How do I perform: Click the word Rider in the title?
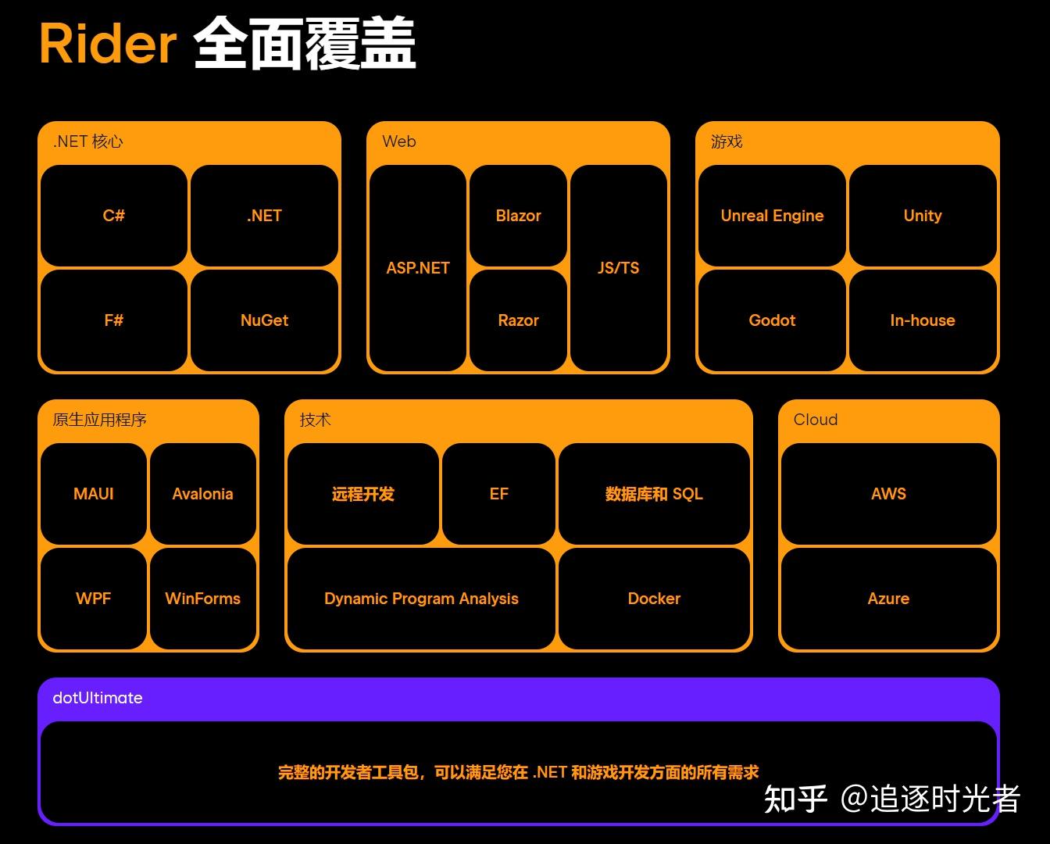tap(108, 44)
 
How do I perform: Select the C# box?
tap(114, 215)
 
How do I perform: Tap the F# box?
tap(114, 320)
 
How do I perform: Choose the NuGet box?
tap(264, 320)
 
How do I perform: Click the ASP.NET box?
tap(418, 267)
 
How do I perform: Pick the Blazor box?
tap(518, 215)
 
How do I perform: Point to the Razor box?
tap(518, 320)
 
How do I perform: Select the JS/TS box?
tap(618, 267)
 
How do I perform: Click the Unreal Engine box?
tap(772, 215)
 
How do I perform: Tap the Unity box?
tap(923, 215)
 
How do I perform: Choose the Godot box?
tap(772, 320)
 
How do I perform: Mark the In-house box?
tap(923, 320)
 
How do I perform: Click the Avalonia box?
tap(202, 494)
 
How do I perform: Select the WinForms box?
tap(202, 599)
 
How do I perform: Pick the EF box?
tap(498, 494)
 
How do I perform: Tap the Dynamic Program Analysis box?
tap(421, 599)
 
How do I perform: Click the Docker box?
tap(654, 599)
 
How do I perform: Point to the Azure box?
tap(888, 599)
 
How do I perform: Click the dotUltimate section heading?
tap(98, 698)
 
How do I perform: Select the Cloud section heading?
tap(816, 420)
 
